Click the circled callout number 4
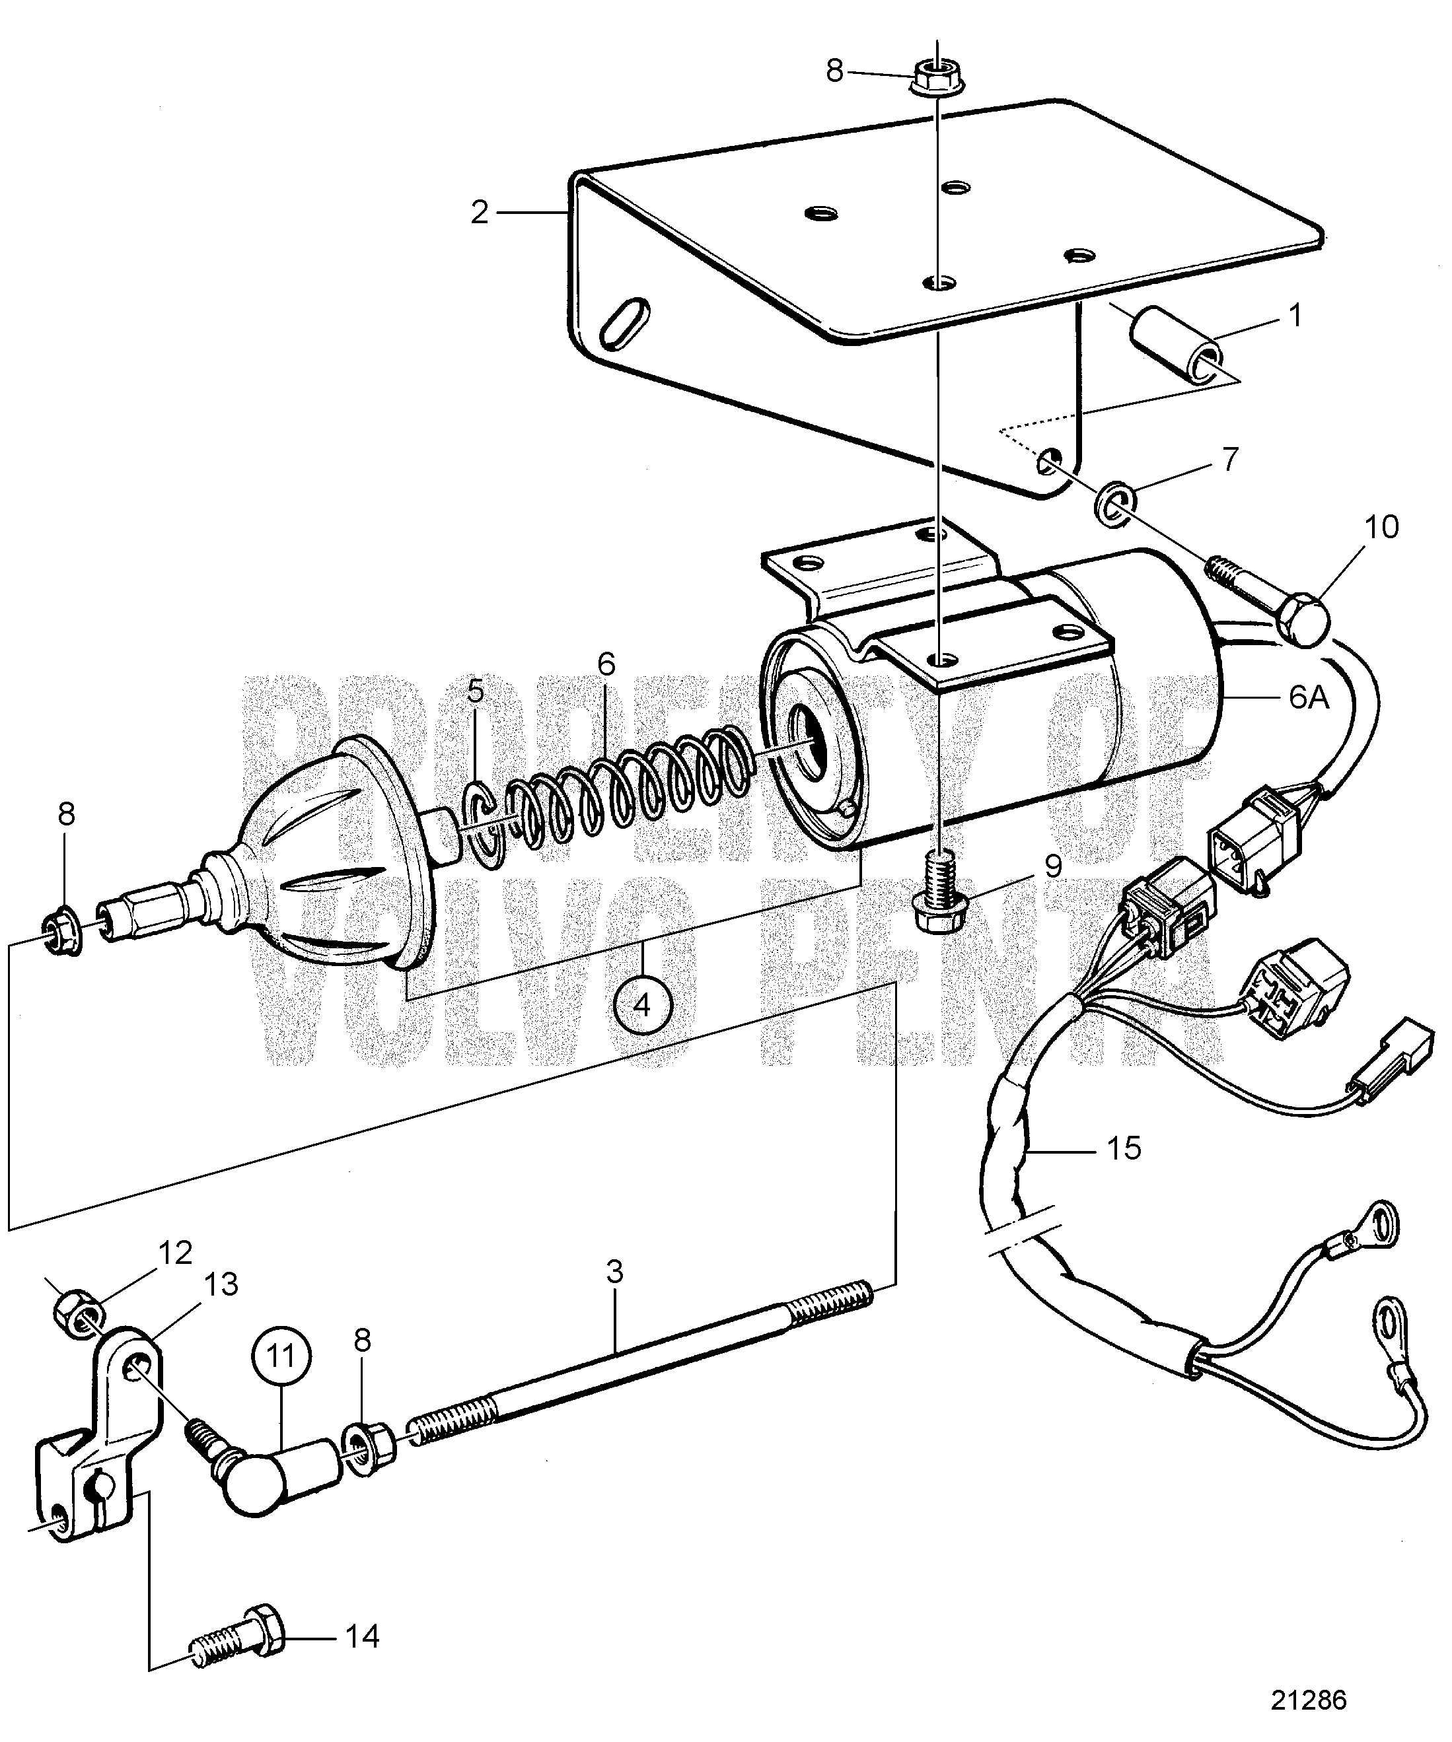(642, 1006)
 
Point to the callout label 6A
(1309, 699)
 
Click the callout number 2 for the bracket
(480, 213)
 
